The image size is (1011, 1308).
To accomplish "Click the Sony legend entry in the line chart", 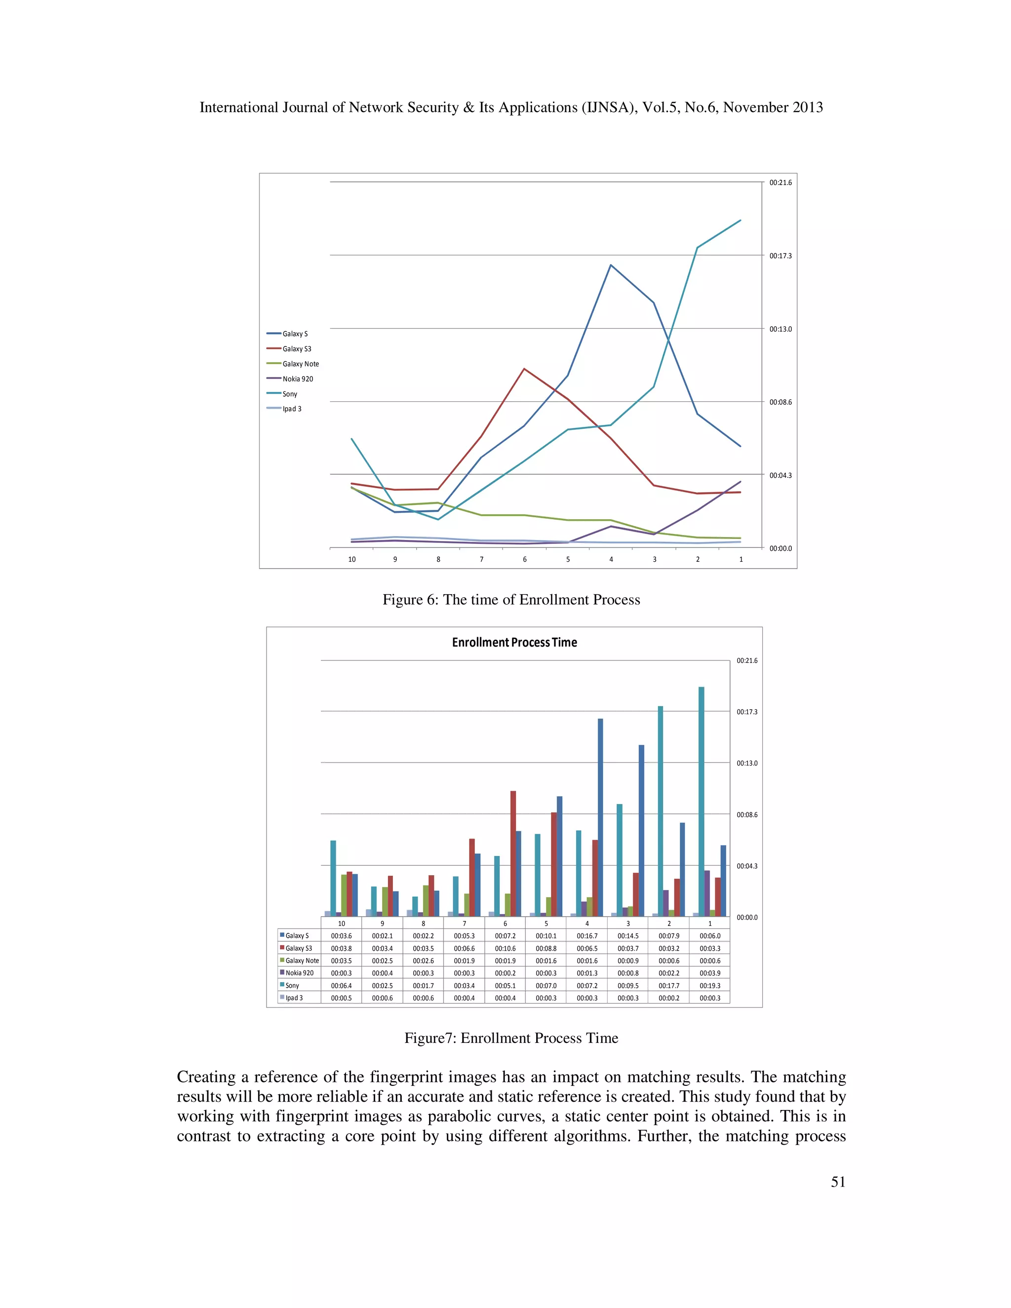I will [289, 393].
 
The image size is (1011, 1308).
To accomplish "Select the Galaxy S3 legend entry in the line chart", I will [297, 348].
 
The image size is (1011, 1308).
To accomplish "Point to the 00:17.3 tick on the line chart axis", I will [780, 256].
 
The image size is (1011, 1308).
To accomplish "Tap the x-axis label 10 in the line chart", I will [351, 559].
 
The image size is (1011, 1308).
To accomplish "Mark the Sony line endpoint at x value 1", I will [740, 221].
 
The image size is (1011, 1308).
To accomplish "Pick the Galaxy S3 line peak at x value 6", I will [524, 369].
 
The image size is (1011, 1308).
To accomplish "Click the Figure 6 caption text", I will [511, 600].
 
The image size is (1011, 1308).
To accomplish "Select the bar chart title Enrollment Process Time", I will [514, 642].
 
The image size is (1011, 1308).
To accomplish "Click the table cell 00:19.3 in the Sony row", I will [710, 985].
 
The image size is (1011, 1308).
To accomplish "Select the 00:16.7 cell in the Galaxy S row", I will [586, 935].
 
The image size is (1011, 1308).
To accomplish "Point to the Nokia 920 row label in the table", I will [299, 973].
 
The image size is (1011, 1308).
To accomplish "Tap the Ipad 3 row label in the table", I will [294, 998].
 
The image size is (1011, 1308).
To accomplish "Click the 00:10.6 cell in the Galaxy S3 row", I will [505, 948].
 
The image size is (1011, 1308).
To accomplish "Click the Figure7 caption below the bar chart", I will [511, 1038].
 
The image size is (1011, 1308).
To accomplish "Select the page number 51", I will [838, 1181].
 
